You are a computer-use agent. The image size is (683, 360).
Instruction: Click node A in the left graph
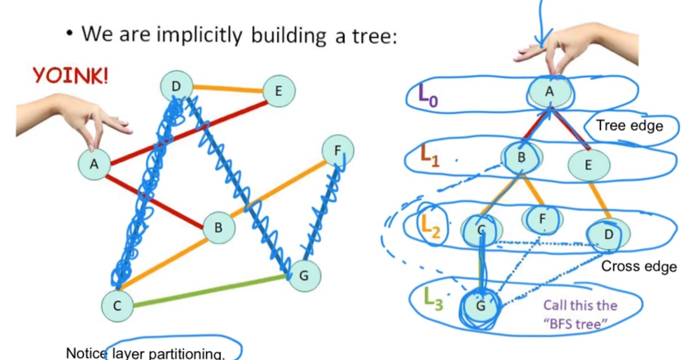(94, 164)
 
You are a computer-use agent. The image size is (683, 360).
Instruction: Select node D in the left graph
(176, 87)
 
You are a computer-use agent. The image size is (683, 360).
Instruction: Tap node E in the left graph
(279, 91)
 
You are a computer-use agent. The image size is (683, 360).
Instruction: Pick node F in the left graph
(338, 151)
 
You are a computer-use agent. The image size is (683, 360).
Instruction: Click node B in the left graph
(219, 227)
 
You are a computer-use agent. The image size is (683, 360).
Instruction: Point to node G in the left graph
(304, 276)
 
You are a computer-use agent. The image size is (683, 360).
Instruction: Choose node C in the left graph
(117, 306)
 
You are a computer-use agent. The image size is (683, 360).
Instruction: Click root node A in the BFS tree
(549, 91)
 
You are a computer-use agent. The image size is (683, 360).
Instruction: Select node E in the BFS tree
(588, 165)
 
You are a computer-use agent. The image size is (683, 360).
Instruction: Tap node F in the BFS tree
(542, 219)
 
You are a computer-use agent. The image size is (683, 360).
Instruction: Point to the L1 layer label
(430, 155)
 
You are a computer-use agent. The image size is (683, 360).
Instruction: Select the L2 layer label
(430, 226)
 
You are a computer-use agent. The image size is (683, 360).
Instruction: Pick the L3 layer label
(433, 299)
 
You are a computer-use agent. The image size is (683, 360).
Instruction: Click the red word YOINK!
(70, 76)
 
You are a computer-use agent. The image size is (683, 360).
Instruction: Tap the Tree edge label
(629, 125)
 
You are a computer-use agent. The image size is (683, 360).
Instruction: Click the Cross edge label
(639, 266)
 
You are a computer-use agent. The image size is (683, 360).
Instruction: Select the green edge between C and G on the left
(210, 291)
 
